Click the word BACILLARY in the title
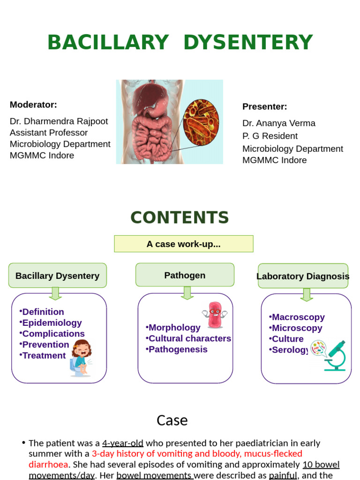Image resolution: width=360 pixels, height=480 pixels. tap(108, 43)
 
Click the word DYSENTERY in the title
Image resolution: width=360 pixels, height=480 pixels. tap(248, 43)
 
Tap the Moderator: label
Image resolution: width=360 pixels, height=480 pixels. tap(33, 105)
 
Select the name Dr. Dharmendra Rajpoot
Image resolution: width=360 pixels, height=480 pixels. tap(59, 121)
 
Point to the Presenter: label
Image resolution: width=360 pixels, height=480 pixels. tap(264, 106)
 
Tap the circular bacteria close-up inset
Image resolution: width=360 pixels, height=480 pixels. tap(201, 122)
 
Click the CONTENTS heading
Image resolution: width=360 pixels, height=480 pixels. tap(180, 217)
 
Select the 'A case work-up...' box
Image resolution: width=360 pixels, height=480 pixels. tap(183, 244)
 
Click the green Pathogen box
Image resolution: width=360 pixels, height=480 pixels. tap(185, 275)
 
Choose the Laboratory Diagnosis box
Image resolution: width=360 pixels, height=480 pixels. tap(303, 276)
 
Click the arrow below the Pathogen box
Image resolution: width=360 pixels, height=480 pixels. tap(187, 293)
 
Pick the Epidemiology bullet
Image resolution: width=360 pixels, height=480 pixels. tap(52, 322)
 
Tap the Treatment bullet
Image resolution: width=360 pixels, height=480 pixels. tap(44, 355)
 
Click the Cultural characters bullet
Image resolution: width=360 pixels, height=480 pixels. tap(189, 338)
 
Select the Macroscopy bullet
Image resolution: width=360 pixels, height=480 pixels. tap(298, 317)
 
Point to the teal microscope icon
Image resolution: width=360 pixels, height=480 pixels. tap(336, 356)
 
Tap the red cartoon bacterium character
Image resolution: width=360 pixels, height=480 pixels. tap(215, 315)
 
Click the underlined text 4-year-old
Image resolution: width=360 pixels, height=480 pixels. tap(123, 443)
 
